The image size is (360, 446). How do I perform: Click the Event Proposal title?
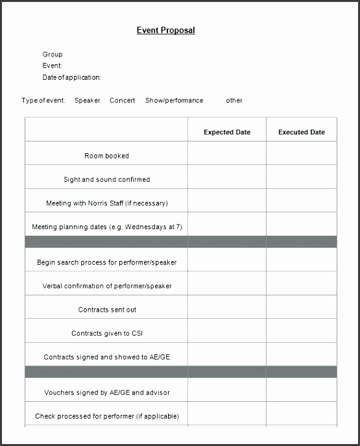tap(165, 31)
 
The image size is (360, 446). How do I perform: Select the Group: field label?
tap(53, 55)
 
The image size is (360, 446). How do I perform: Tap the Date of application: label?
tap(71, 77)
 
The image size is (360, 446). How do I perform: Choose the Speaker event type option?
tap(88, 101)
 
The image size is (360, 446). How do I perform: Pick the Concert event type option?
tap(123, 101)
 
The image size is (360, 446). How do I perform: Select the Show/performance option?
tap(174, 101)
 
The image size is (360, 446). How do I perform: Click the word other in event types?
tap(234, 101)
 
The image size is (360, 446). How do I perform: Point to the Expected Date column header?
tap(227, 132)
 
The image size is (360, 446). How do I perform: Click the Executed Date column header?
tap(302, 132)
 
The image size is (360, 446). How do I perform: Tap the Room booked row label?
tap(106, 156)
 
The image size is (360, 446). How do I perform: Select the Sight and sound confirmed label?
tap(106, 180)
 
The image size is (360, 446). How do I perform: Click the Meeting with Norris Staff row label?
tap(106, 203)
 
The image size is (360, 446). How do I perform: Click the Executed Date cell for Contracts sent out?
tap(302, 310)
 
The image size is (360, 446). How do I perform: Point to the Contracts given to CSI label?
tap(106, 334)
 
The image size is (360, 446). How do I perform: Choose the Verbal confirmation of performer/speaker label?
tap(106, 286)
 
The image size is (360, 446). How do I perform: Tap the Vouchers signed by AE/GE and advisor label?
tap(106, 393)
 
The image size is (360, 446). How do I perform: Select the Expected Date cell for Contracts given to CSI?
tap(227, 334)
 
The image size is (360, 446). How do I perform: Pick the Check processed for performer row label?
tap(106, 416)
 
